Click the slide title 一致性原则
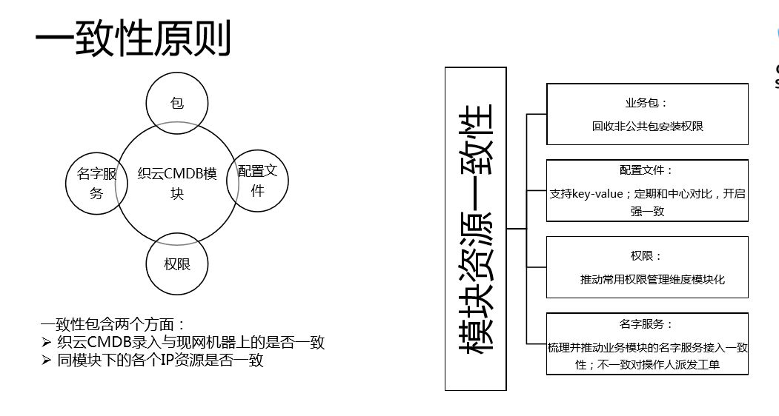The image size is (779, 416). point(133,38)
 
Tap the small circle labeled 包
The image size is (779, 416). point(176,103)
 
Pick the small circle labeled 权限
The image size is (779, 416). point(177,264)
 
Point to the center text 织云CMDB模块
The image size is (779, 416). point(177,184)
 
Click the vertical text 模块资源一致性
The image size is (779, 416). point(475,229)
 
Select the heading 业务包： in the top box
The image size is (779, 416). point(646,103)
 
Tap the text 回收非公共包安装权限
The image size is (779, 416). point(647,126)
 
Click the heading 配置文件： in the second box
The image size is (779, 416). point(646,170)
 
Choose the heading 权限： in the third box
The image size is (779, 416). point(646,255)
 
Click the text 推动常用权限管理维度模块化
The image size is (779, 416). point(652,279)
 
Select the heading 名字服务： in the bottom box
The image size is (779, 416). point(646,323)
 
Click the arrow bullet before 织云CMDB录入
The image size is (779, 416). point(46,343)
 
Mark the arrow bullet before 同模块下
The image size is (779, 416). point(46,361)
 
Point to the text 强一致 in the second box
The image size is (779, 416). point(647,211)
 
